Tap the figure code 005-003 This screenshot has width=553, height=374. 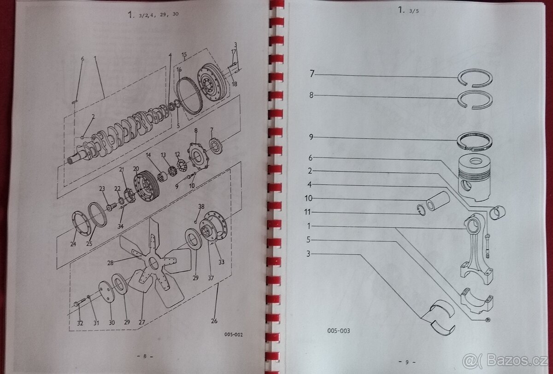(x=339, y=330)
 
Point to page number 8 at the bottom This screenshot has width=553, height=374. (x=145, y=356)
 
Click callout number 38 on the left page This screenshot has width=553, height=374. (x=201, y=206)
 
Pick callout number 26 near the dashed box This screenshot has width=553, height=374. (x=214, y=321)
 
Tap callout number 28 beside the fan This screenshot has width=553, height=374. (x=110, y=263)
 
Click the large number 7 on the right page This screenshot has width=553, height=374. (x=312, y=74)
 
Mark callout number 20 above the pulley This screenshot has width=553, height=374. (x=135, y=169)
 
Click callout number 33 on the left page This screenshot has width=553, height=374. (x=221, y=262)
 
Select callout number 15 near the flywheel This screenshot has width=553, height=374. (x=184, y=55)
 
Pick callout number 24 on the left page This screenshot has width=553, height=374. (x=73, y=244)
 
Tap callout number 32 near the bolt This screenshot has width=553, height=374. (x=80, y=323)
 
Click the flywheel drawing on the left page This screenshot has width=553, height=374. (x=212, y=86)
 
